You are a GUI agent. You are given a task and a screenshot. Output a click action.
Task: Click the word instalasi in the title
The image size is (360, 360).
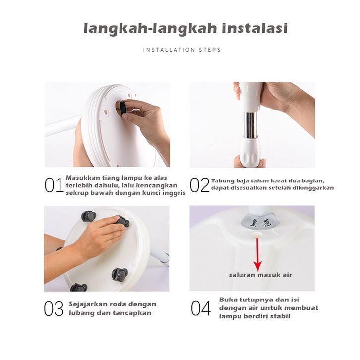click(x=254, y=28)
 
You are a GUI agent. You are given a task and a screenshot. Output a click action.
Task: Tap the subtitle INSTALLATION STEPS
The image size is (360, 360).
click(x=182, y=50)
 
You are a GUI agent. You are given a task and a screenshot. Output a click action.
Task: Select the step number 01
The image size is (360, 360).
click(x=54, y=185)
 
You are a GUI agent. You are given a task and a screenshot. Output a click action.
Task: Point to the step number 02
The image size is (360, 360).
click(x=199, y=185)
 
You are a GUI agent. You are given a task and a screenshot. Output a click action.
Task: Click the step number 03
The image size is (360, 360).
click(x=54, y=308)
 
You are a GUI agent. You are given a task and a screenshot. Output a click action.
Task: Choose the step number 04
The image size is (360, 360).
click(x=201, y=308)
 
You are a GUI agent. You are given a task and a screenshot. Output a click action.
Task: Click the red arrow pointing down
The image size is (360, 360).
click(x=257, y=254)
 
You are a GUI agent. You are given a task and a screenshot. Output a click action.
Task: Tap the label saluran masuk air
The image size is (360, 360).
click(x=260, y=275)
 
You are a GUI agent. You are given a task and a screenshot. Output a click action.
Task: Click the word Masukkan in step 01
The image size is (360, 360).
click(x=80, y=178)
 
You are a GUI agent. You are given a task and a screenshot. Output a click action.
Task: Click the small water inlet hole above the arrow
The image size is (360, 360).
click(x=257, y=235)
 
